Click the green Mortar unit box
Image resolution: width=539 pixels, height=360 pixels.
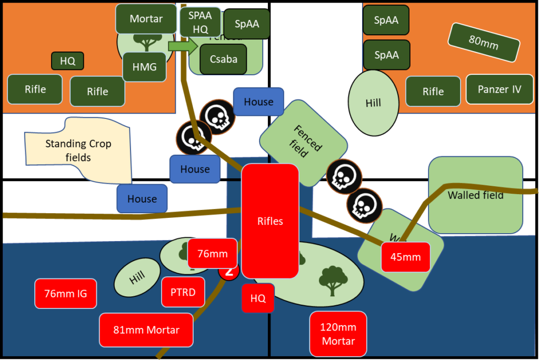(x=146, y=18)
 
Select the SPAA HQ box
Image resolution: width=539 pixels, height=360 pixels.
(x=200, y=23)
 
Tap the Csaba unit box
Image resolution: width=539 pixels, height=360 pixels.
(x=223, y=59)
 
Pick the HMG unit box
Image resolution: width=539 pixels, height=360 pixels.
(x=145, y=67)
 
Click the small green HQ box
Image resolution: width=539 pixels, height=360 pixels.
(x=67, y=61)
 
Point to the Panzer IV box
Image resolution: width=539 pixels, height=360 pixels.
(x=499, y=89)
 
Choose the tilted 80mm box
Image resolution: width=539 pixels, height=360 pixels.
(x=483, y=42)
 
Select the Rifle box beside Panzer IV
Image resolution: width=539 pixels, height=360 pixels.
(x=433, y=92)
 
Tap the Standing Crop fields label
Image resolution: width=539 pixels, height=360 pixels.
(x=78, y=150)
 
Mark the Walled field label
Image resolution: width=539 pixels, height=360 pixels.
(x=475, y=195)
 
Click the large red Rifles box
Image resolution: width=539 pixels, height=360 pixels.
(x=270, y=221)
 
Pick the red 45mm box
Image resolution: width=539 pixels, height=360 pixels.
(x=405, y=257)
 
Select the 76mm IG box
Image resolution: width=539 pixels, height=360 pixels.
(x=66, y=294)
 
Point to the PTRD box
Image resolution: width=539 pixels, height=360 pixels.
(x=183, y=292)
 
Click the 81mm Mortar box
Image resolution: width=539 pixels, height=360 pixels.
(x=146, y=330)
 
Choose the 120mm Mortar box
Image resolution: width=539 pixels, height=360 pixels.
(x=338, y=334)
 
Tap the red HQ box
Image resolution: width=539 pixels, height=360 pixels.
(x=257, y=298)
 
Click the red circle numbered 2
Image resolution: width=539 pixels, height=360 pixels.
(x=229, y=272)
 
